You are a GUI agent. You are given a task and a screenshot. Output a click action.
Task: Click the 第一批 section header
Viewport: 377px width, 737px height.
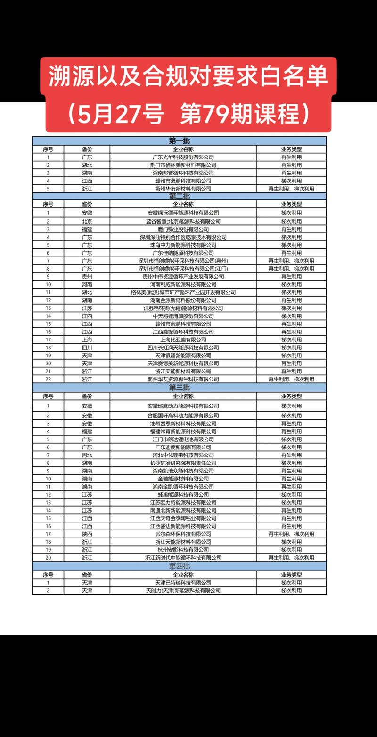pyautogui.click(x=179, y=141)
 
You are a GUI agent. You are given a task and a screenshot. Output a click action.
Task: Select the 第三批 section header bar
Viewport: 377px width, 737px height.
pyautogui.click(x=179, y=388)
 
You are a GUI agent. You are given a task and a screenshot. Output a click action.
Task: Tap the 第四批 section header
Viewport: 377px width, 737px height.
pyautogui.click(x=179, y=566)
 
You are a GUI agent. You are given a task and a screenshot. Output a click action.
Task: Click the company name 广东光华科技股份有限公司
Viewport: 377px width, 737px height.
pyautogui.click(x=183, y=157)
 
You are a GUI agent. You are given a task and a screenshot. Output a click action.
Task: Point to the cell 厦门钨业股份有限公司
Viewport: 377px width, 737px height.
pyautogui.click(x=183, y=229)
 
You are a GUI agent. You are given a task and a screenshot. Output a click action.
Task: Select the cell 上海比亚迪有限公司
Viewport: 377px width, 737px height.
pyautogui.click(x=183, y=340)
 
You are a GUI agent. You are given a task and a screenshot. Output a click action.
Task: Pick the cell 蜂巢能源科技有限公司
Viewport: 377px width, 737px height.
pyautogui.click(x=183, y=495)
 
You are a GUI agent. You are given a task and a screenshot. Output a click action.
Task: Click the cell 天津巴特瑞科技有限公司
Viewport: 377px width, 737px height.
pyautogui.click(x=183, y=583)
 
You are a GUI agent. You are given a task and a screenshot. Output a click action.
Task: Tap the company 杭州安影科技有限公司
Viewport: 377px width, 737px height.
pyautogui.click(x=183, y=550)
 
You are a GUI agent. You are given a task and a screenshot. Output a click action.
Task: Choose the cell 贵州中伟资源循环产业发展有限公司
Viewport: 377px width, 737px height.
pyautogui.click(x=183, y=276)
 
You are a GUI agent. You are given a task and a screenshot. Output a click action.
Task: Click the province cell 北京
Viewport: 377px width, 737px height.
pyautogui.click(x=87, y=221)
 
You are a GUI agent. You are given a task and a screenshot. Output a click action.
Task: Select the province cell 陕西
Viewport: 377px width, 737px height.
pyautogui.click(x=87, y=534)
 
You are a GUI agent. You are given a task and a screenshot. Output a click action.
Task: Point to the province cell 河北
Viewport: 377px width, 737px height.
pyautogui.click(x=87, y=455)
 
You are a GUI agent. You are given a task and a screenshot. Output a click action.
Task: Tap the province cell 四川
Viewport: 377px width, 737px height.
pyautogui.click(x=87, y=348)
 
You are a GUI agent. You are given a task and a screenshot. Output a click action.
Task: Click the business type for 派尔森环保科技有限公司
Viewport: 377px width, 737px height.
pyautogui.click(x=291, y=534)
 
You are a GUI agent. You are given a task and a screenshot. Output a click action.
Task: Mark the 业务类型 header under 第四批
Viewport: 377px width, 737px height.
pyautogui.click(x=291, y=575)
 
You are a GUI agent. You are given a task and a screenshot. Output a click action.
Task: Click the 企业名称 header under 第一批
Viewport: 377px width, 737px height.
pyautogui.click(x=183, y=149)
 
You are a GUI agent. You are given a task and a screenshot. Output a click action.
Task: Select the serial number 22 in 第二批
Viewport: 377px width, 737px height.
pyautogui.click(x=48, y=379)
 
